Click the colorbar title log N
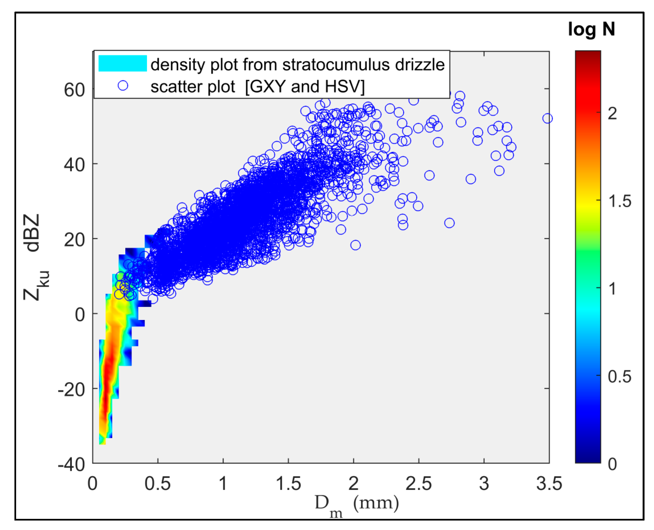[591, 30]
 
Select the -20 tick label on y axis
[71, 390]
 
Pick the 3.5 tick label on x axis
[549, 484]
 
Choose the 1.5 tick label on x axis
[288, 484]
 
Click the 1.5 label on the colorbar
[619, 201]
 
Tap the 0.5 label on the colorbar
[619, 376]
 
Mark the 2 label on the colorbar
[612, 114]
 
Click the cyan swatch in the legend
[122, 63]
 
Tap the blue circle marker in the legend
[123, 85]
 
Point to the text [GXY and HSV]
[305, 87]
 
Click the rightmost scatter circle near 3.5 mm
[547, 118]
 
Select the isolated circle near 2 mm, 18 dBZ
[355, 245]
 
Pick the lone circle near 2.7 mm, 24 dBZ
[449, 223]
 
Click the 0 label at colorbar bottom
[612, 464]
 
